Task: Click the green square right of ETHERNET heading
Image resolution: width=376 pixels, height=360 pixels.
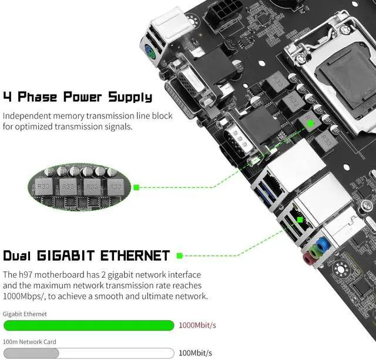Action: click(179, 256)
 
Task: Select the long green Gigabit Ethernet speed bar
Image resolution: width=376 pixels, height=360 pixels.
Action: click(89, 325)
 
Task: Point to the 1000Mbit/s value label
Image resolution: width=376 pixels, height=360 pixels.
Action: click(197, 325)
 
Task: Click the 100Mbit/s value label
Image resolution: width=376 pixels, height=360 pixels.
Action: click(196, 353)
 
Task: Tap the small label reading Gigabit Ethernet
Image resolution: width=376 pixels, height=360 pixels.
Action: click(25, 314)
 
